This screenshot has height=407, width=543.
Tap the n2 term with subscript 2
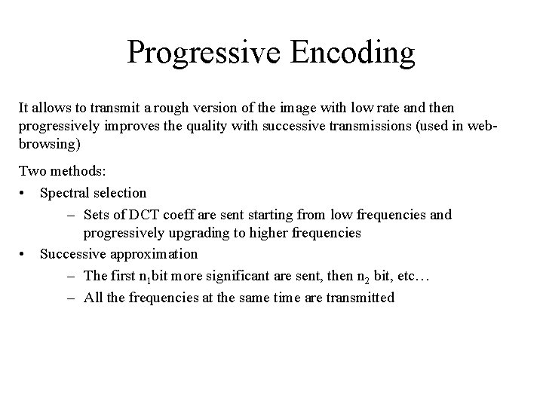[362, 277]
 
